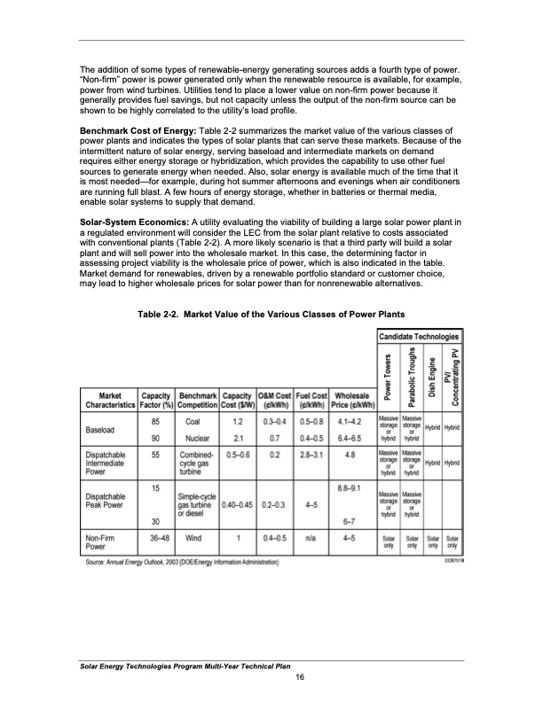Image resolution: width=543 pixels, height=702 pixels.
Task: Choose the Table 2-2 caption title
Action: (271, 315)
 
